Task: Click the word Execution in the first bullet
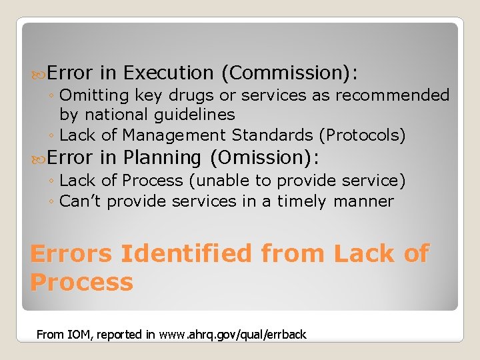[x=168, y=73]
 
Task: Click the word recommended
[x=393, y=95]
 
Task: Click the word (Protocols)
[x=362, y=135]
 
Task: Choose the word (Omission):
[x=265, y=158]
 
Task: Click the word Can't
[x=81, y=201]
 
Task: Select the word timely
[x=301, y=201]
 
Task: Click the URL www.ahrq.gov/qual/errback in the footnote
[x=233, y=335]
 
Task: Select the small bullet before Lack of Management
[x=52, y=136]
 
